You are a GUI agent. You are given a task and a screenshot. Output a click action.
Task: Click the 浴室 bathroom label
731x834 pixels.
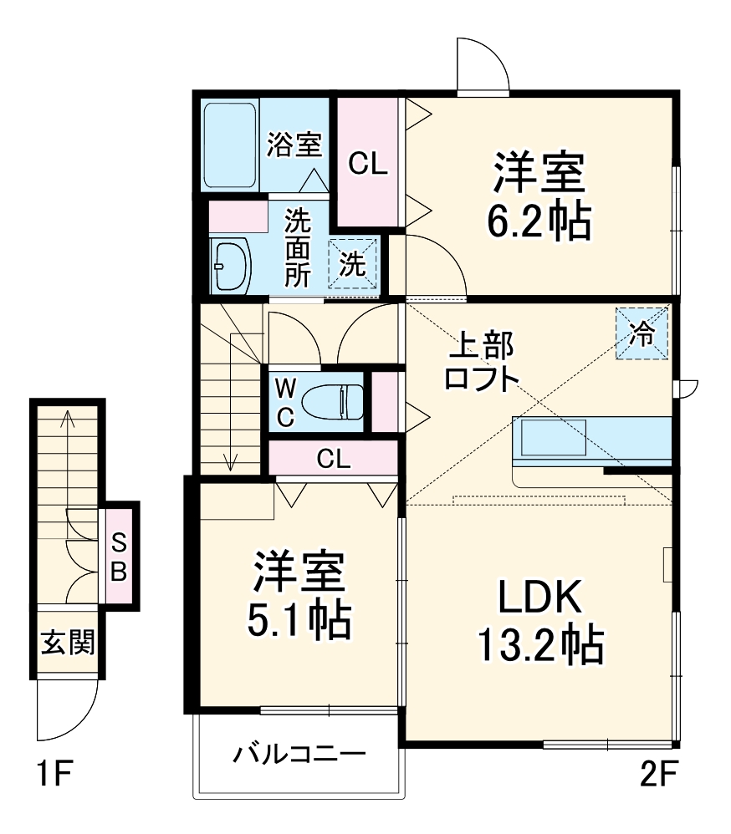pos(294,145)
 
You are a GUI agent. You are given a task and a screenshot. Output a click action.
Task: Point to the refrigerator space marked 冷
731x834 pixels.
pos(642,334)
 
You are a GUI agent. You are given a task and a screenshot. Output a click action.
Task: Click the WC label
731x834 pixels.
pos(284,402)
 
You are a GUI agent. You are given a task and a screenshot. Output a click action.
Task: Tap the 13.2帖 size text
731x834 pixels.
pos(539,644)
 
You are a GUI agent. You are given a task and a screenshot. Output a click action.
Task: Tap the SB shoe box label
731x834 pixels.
pos(120,557)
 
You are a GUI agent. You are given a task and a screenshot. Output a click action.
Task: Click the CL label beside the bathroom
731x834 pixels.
pos(368,165)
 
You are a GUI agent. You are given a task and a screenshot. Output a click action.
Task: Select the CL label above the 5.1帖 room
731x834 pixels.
pos(333,458)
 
